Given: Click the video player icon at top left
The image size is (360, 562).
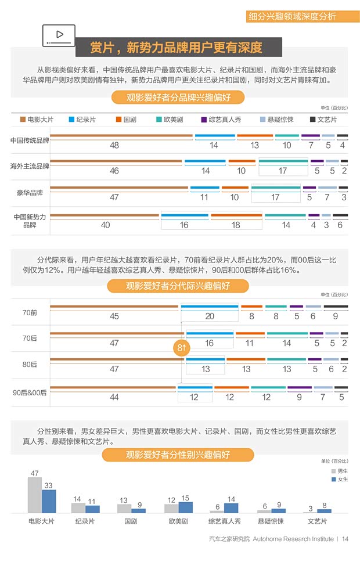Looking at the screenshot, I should [59, 35].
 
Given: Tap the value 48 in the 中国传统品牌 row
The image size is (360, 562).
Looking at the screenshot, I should [114, 145].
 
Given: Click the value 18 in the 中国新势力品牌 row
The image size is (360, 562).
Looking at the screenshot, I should [236, 225].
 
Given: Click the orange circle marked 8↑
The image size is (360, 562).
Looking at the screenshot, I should [181, 348].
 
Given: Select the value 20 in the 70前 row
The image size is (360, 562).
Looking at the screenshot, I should [210, 316].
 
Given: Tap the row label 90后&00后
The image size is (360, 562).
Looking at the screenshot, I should [30, 392].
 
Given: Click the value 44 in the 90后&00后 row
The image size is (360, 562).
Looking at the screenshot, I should [114, 397].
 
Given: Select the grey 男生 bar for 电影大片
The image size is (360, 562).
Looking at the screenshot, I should [35, 495].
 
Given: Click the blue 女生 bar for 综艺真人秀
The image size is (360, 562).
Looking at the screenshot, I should [231, 504].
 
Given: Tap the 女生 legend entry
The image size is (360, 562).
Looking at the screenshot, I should [339, 479].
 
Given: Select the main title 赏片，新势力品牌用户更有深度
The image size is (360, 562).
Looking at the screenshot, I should [177, 47].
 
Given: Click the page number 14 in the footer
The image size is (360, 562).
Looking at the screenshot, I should [345, 539].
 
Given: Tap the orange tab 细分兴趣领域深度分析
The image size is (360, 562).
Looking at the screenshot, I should [300, 16].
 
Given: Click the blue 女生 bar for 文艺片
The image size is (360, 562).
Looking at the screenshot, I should [324, 511].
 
